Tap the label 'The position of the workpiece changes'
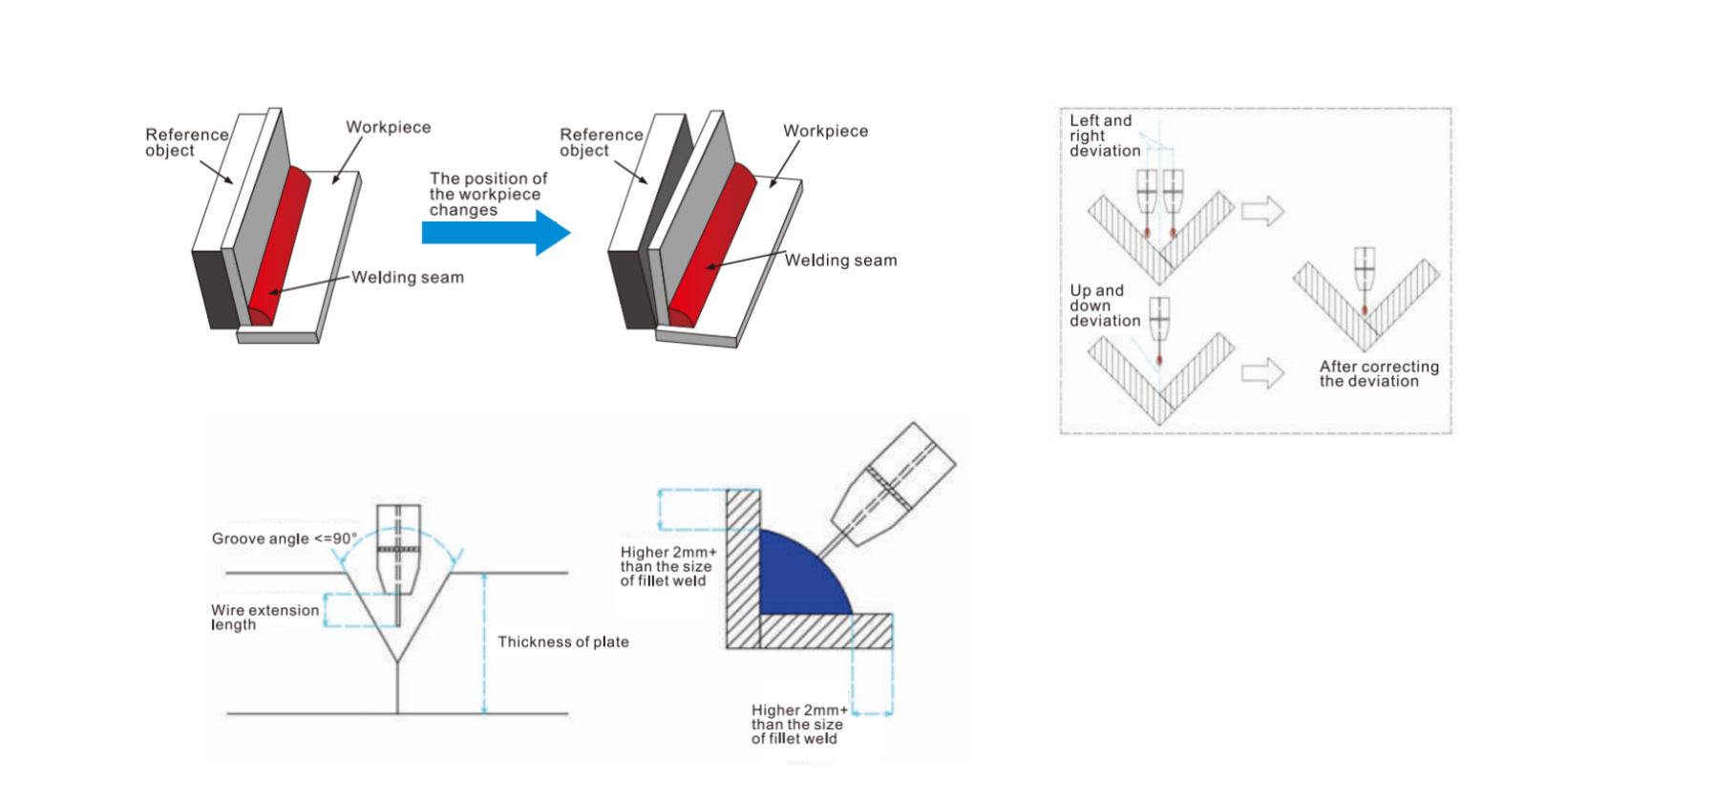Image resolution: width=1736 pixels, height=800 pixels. (x=487, y=194)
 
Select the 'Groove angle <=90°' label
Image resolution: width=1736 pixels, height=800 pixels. (x=284, y=538)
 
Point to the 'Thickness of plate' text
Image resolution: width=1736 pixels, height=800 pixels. (x=562, y=642)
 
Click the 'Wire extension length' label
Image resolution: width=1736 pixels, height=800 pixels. (x=265, y=617)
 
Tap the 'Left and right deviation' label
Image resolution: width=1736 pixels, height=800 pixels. (x=1104, y=136)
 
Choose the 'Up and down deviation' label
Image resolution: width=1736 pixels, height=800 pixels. (x=1104, y=305)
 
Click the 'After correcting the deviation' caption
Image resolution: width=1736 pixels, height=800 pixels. (x=1378, y=373)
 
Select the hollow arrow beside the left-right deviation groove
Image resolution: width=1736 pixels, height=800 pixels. (x=1262, y=210)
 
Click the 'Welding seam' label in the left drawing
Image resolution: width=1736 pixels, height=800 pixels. (x=407, y=278)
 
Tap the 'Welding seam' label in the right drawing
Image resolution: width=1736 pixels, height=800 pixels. (x=840, y=261)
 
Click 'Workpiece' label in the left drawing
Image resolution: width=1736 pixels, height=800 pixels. (x=388, y=127)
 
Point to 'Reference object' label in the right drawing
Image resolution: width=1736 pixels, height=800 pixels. (x=601, y=142)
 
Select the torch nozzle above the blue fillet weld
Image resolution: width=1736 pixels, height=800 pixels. (x=894, y=488)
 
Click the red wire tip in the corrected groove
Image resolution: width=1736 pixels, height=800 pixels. (x=1365, y=309)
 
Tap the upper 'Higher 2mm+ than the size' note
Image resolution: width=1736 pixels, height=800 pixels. (x=667, y=566)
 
